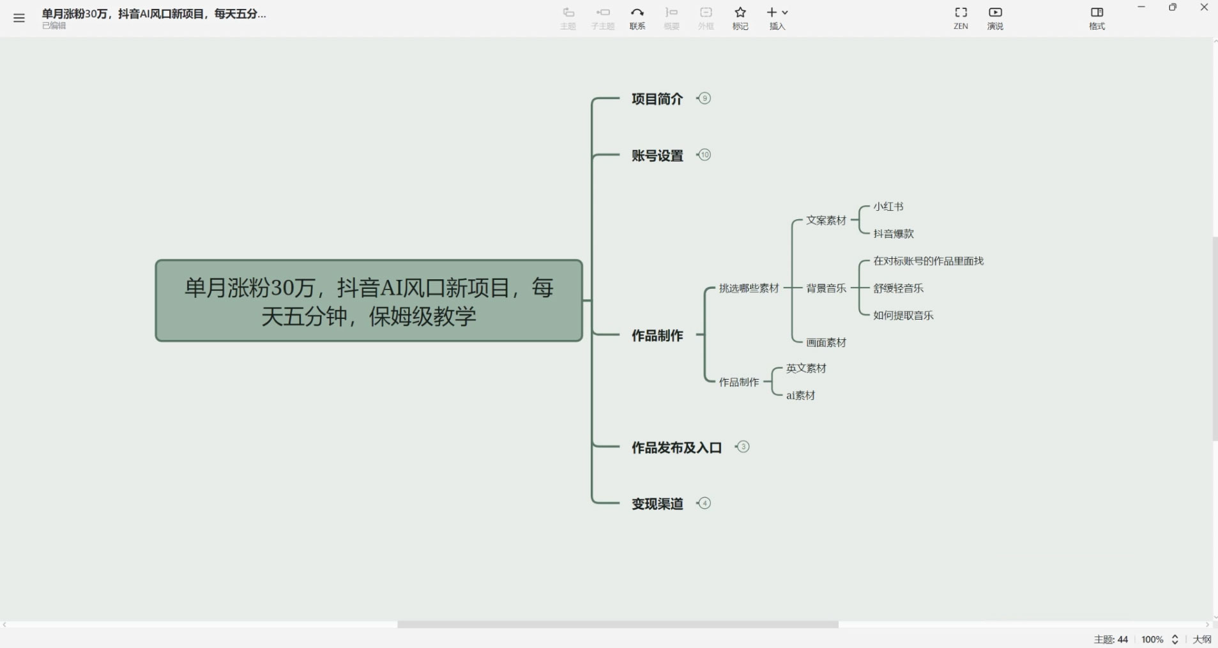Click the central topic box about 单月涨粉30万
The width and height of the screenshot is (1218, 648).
click(369, 300)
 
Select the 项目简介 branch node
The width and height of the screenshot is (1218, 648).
click(657, 99)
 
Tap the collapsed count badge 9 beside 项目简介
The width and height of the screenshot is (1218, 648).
click(704, 98)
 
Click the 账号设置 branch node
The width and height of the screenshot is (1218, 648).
click(657, 155)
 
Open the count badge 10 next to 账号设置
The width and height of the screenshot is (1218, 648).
click(704, 155)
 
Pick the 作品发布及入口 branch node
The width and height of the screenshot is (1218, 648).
click(676, 447)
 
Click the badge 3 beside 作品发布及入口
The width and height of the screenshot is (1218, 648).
click(743, 447)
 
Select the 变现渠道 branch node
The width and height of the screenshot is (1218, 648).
click(657, 504)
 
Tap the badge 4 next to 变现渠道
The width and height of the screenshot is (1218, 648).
click(704, 503)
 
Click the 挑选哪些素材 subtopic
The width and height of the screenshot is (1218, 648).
click(749, 288)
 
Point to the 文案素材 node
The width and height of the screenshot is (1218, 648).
click(826, 220)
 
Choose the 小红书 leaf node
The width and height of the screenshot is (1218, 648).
click(888, 206)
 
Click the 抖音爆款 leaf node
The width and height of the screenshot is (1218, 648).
click(893, 234)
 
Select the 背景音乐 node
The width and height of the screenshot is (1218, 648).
click(826, 288)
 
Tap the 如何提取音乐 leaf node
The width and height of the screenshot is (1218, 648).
click(903, 315)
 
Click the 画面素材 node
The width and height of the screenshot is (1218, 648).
click(826, 343)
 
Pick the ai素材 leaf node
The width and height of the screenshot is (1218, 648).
click(800, 396)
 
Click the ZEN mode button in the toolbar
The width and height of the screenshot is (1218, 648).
click(961, 18)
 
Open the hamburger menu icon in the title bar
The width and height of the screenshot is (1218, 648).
click(19, 18)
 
